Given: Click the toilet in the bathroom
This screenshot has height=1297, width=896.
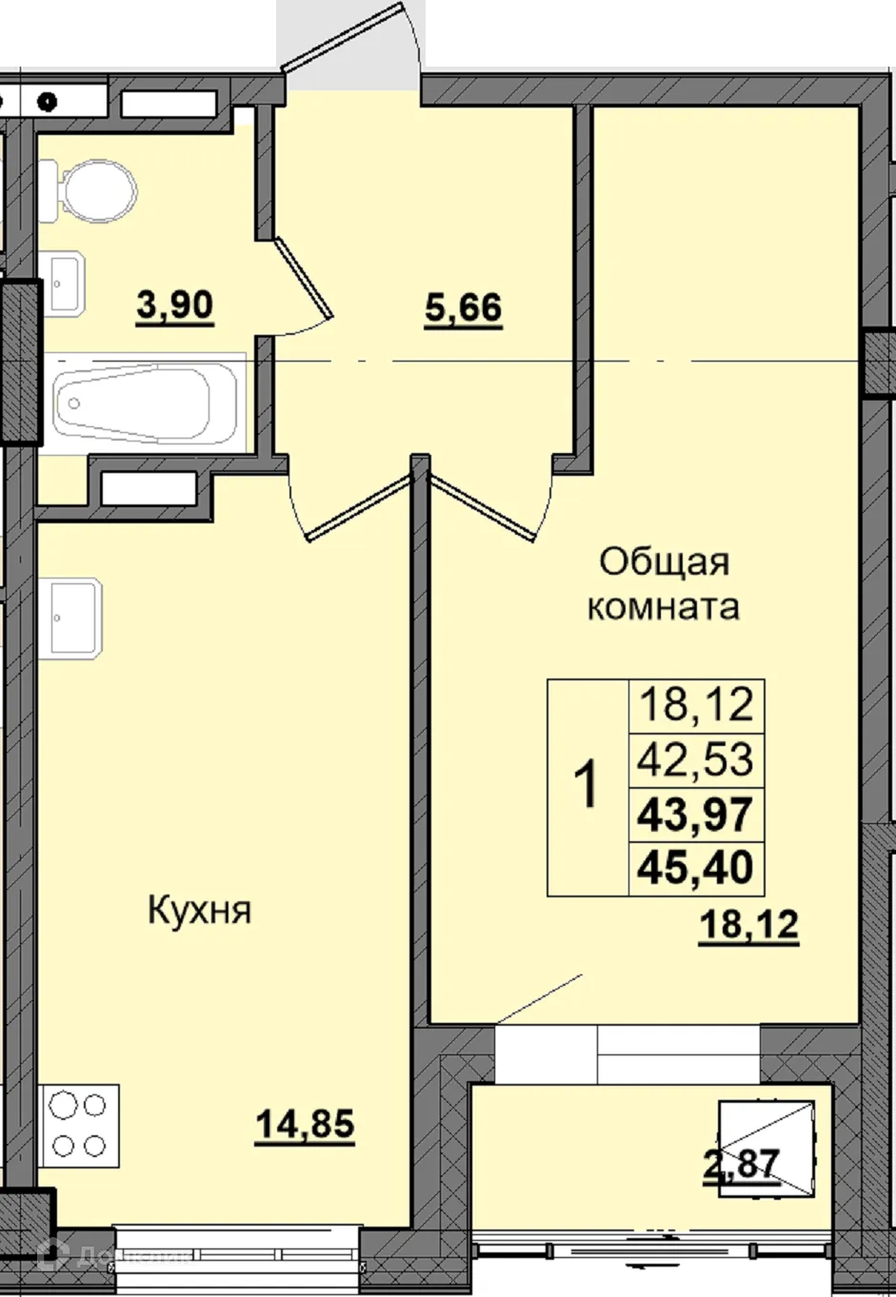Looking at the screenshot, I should click(95, 187).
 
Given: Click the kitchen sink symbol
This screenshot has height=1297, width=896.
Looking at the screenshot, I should click(72, 619).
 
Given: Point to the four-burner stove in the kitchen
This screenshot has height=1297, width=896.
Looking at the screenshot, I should click(78, 1125).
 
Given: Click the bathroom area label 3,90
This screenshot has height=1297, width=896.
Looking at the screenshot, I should click(175, 306).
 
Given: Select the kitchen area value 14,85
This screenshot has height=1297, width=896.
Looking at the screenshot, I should click(305, 1125).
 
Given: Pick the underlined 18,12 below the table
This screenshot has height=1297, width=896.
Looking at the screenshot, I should click(747, 924).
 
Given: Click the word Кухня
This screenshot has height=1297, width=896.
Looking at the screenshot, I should click(200, 911).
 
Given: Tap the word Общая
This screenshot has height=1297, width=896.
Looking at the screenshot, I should click(664, 562).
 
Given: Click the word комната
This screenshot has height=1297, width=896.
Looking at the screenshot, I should click(663, 606).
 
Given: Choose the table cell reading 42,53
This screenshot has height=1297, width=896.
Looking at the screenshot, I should click(697, 760).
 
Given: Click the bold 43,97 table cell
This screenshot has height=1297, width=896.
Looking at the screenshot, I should click(697, 815).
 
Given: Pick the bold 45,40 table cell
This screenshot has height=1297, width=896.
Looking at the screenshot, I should click(697, 867).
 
